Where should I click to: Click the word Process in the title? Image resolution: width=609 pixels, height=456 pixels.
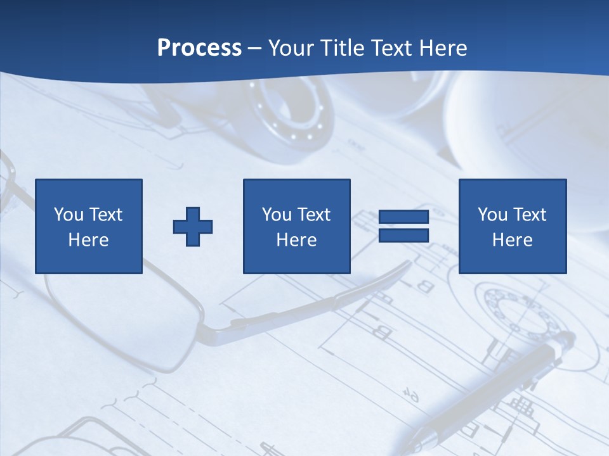[199, 48]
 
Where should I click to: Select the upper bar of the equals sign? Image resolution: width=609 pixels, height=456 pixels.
[403, 217]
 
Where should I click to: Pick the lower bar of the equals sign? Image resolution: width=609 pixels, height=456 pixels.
[403, 235]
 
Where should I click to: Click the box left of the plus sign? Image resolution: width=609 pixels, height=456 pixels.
[89, 226]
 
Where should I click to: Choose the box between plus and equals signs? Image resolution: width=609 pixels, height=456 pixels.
[296, 226]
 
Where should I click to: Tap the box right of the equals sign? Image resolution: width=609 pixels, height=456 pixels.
[512, 226]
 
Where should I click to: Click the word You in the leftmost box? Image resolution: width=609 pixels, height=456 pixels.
[69, 215]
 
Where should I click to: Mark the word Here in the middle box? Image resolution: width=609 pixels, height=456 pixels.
[296, 240]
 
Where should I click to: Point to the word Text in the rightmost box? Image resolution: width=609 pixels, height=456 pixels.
[530, 215]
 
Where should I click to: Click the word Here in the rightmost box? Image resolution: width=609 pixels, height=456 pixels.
[512, 240]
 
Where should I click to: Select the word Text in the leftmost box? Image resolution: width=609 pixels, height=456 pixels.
[106, 215]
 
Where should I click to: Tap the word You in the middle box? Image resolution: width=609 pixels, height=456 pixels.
[277, 215]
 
